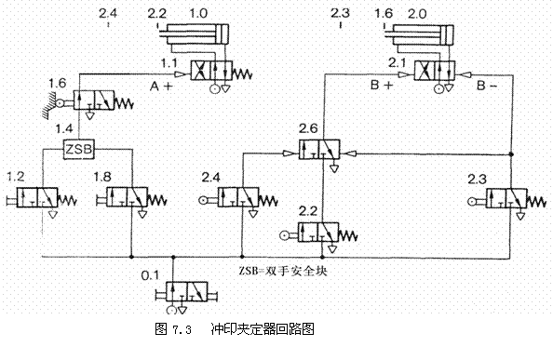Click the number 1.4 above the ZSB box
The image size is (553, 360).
pos(64,128)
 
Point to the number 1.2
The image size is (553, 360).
pos(16,175)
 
